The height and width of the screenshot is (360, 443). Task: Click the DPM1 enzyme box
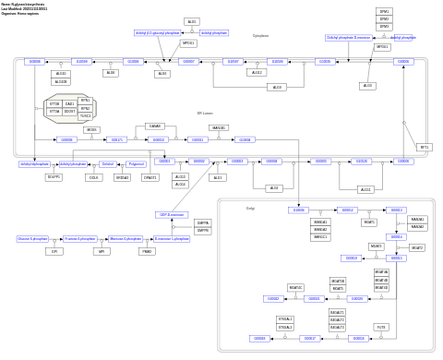click(384, 11)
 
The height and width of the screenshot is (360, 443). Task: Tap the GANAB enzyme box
click(155, 126)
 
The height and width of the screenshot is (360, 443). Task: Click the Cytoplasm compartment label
click(260, 36)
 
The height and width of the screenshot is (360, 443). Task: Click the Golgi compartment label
click(250, 209)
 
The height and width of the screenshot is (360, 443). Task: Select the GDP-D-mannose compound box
click(172, 214)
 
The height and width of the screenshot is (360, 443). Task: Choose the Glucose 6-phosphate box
click(32, 238)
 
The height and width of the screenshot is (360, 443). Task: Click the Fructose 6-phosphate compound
click(79, 238)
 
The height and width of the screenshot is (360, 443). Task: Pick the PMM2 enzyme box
click(147, 251)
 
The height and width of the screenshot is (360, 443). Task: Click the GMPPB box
click(202, 230)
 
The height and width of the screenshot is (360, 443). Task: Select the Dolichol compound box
click(108, 163)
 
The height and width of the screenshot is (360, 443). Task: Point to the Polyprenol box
click(136, 163)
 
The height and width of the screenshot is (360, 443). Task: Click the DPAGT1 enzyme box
click(150, 177)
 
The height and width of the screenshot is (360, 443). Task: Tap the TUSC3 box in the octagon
click(85, 116)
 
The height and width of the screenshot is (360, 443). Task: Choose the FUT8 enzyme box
click(381, 327)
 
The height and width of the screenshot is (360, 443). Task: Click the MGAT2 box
click(417, 247)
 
